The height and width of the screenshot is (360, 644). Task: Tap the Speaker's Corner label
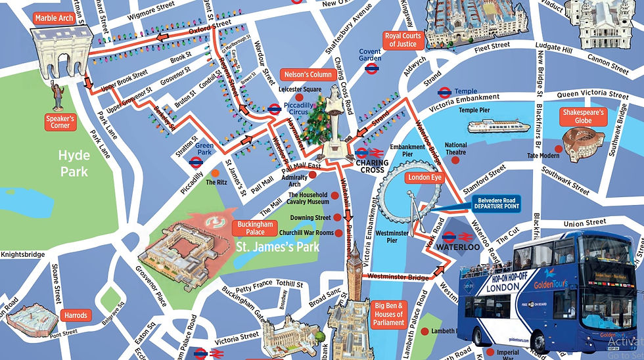click(60, 122)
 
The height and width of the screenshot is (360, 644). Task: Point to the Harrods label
click(74, 315)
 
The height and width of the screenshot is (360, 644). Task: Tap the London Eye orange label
click(424, 177)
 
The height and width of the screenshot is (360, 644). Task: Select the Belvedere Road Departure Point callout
click(496, 202)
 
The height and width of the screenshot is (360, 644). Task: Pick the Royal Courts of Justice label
click(402, 39)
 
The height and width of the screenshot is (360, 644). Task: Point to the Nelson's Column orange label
click(307, 74)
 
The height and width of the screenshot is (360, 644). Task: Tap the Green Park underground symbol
click(195, 160)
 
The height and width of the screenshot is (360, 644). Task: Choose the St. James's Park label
click(277, 248)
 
